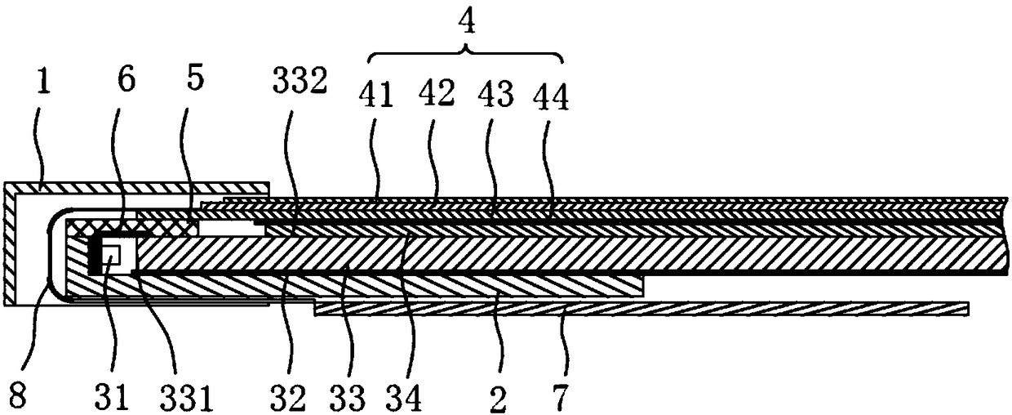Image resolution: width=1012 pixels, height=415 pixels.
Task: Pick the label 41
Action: (x=376, y=96)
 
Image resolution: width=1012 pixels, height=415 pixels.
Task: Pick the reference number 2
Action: (x=498, y=399)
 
